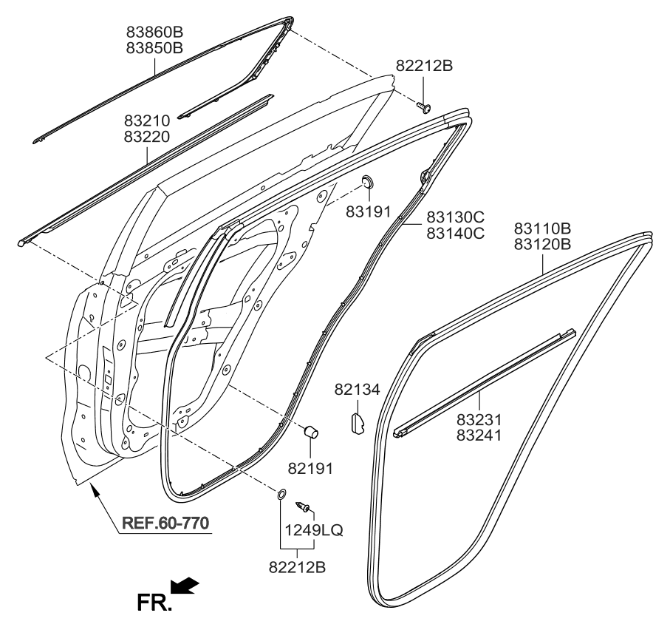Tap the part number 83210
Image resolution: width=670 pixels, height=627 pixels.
click(x=147, y=121)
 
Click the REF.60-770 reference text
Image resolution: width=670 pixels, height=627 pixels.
click(x=165, y=522)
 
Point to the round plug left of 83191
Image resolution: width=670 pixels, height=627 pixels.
click(x=366, y=182)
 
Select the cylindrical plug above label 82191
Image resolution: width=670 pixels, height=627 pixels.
click(x=312, y=430)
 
